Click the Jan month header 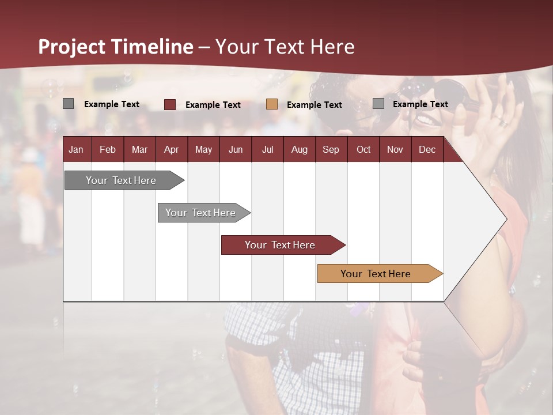(77, 149)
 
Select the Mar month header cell (139, 149)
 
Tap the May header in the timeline (203, 149)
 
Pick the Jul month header (267, 149)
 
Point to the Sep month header (331, 149)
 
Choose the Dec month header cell (427, 149)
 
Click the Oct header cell (363, 149)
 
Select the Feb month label (108, 149)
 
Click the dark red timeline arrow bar (280, 245)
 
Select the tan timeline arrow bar (376, 274)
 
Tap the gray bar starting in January (121, 180)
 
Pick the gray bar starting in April (200, 213)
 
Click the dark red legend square (170, 104)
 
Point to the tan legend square (272, 104)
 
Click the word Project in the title (72, 47)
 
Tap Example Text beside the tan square (314, 105)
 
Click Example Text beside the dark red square (213, 105)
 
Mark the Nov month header (395, 149)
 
